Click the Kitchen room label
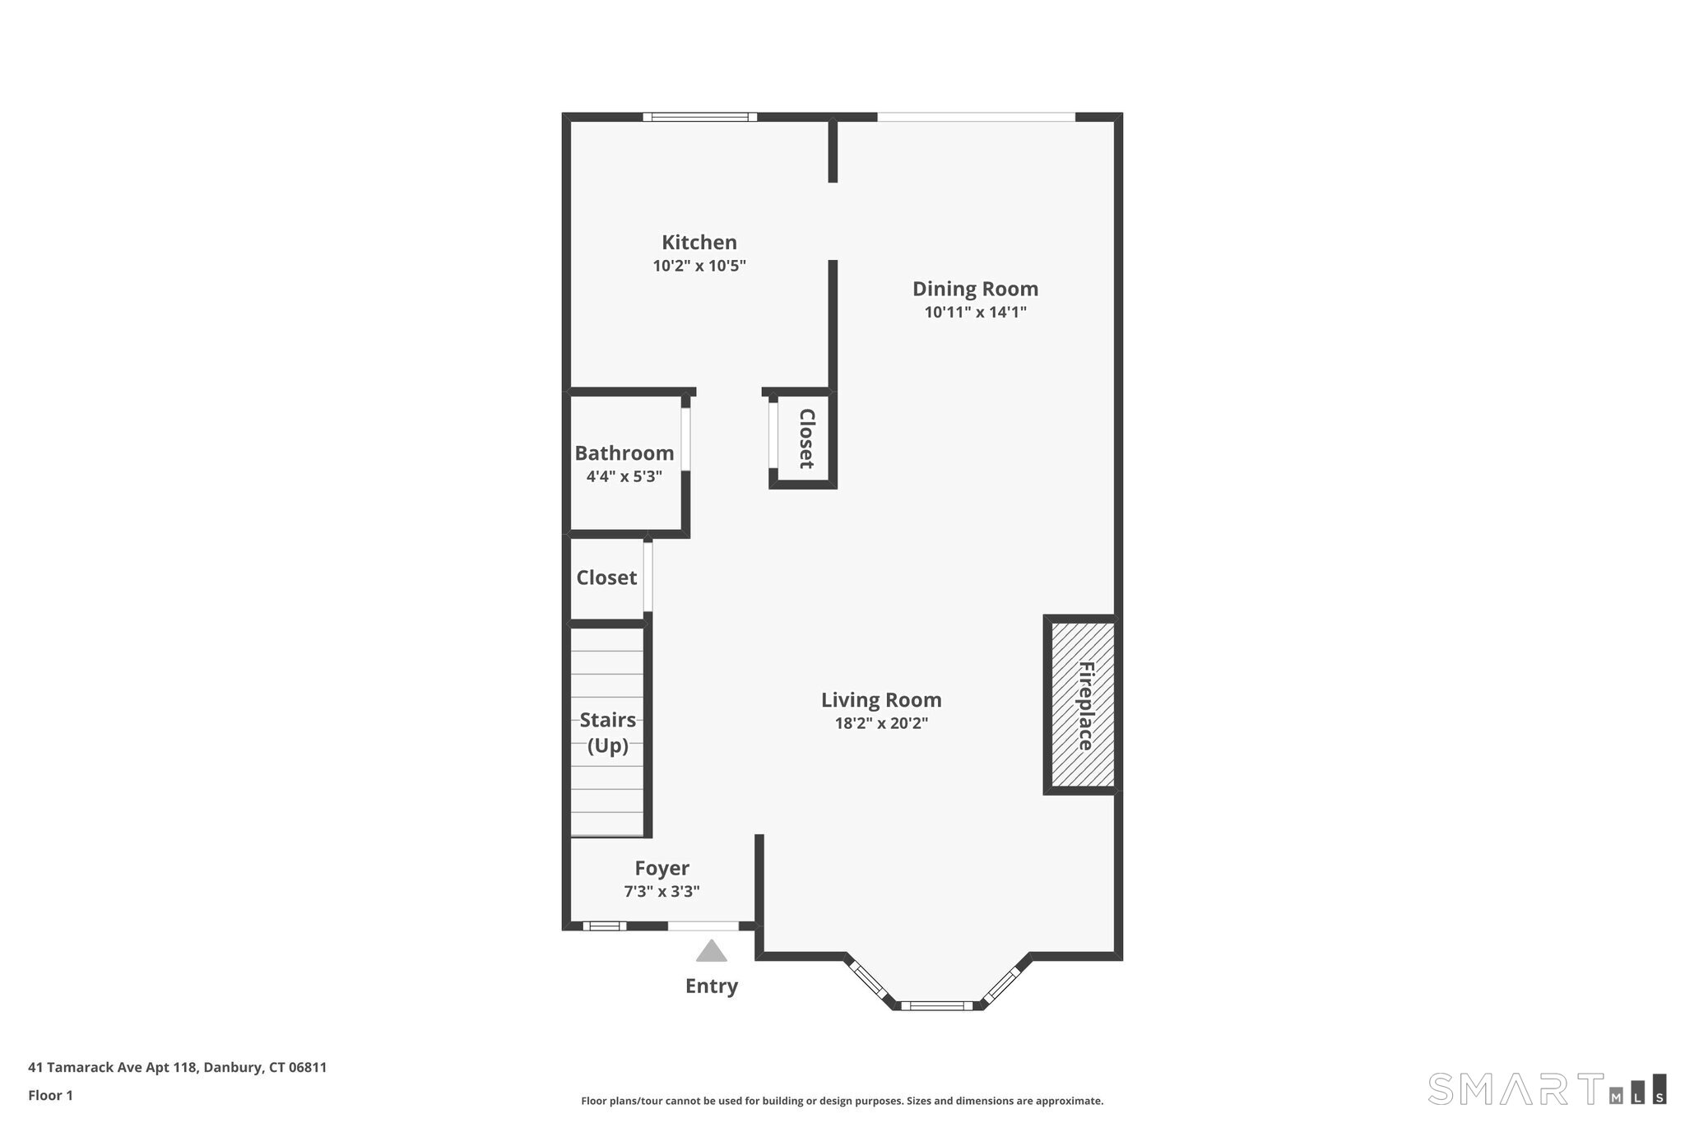tap(699, 243)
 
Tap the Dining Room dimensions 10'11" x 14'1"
tap(976, 313)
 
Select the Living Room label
tap(881, 700)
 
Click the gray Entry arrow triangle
tap(712, 952)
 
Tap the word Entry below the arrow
tap(712, 986)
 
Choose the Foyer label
tap(662, 869)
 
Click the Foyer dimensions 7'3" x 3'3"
tap(662, 892)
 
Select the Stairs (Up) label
tap(608, 733)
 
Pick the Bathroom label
tap(624, 453)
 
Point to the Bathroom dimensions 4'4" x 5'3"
tap(624, 477)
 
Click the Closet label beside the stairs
tap(606, 578)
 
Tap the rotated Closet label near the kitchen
tap(806, 439)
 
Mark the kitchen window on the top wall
tap(700, 117)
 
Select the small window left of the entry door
tap(605, 926)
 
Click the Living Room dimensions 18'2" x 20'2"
tap(881, 724)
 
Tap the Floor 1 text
tap(51, 1096)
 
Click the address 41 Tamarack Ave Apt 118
tap(113, 1068)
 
